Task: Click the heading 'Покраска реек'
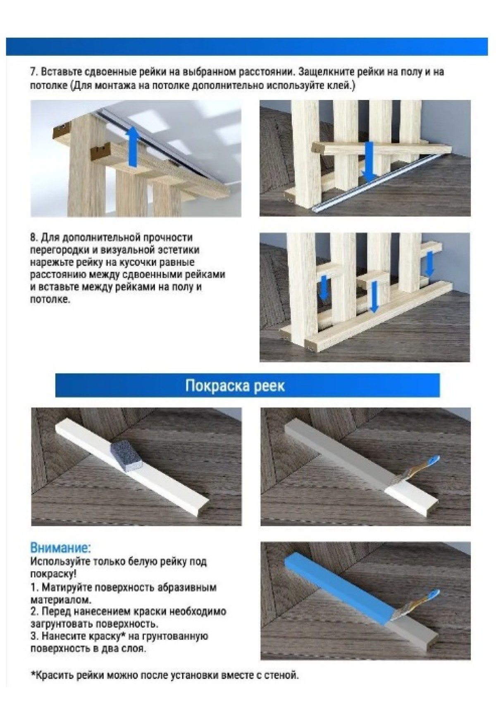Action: coord(235,386)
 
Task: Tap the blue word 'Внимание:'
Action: coord(60,548)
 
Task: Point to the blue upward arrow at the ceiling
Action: coord(132,147)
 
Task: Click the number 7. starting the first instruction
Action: coord(34,72)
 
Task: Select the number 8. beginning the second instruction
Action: coord(34,238)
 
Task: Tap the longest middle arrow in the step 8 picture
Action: coord(374,297)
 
